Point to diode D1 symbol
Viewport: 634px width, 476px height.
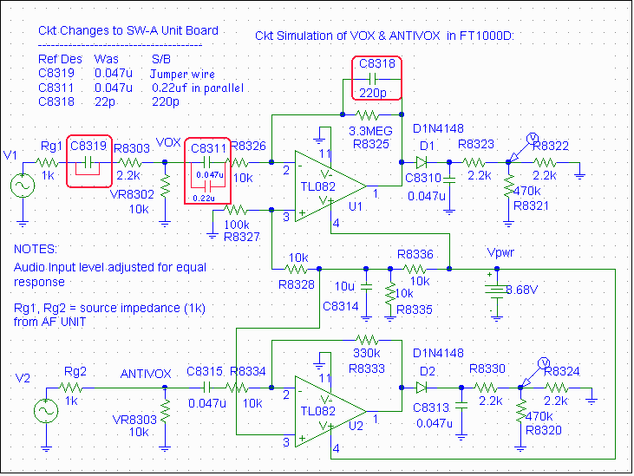[x=422, y=162]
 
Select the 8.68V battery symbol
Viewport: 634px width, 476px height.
[x=495, y=290]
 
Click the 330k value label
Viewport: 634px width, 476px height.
[x=367, y=354]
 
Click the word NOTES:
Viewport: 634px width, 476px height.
[x=35, y=250]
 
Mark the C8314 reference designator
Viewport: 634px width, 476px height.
[x=340, y=306]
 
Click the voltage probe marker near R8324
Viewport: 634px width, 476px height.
[x=544, y=362]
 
